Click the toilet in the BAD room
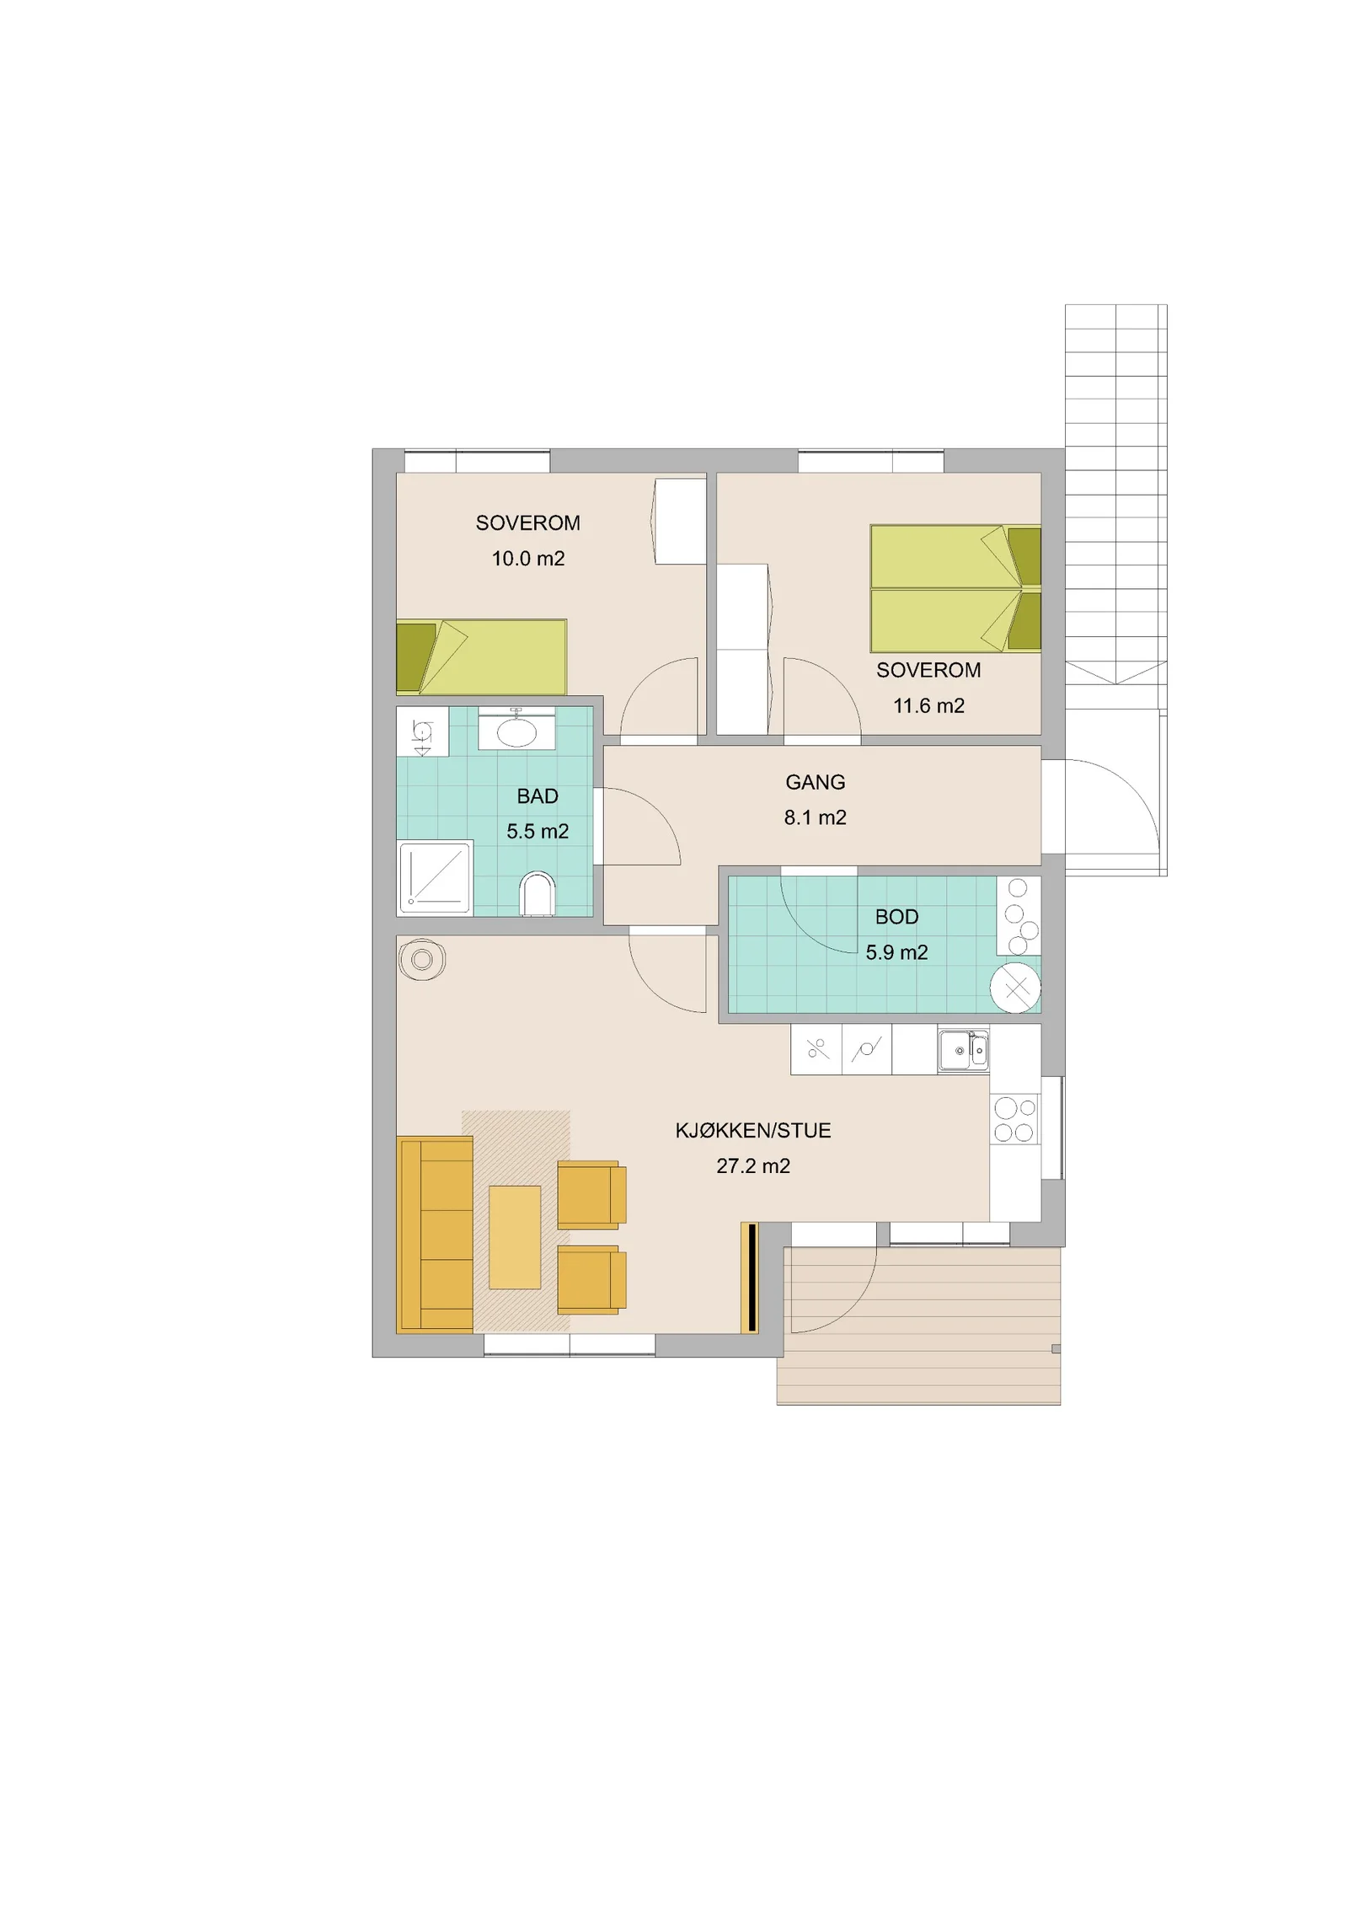point(537,894)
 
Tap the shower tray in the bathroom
point(435,877)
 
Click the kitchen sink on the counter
point(963,1050)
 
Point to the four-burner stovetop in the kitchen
point(1014,1119)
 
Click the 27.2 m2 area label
point(753,1165)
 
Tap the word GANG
point(815,782)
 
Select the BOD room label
point(896,916)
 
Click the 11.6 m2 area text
point(928,705)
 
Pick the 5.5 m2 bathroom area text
point(538,831)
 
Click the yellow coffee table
point(515,1237)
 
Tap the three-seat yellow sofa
point(435,1235)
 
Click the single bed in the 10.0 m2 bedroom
point(481,657)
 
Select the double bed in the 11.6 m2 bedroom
point(955,588)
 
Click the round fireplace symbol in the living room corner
point(422,959)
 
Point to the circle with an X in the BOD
point(1015,987)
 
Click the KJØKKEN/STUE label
point(753,1130)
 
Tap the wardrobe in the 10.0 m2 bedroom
point(679,521)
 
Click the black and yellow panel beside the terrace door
point(750,1277)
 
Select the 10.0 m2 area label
point(528,558)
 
